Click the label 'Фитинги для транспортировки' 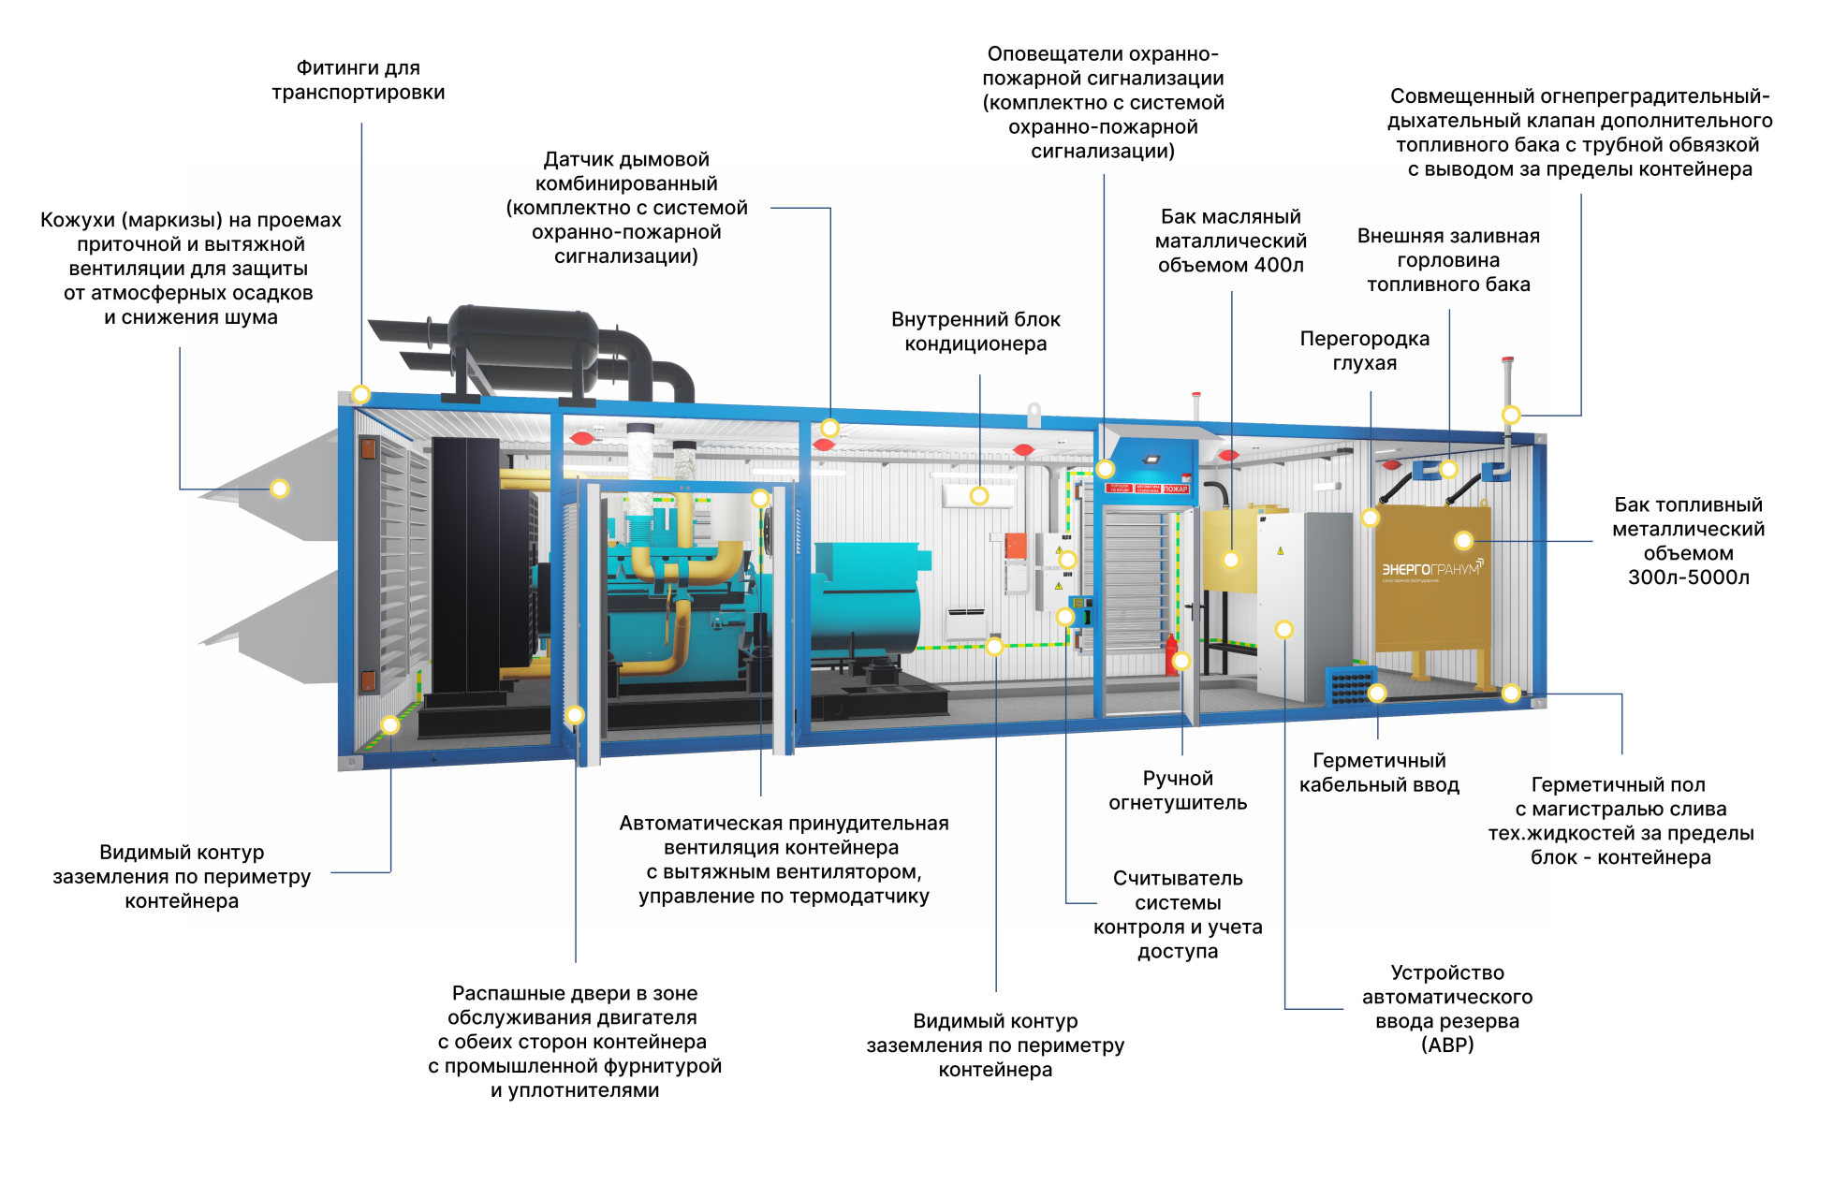[359, 80]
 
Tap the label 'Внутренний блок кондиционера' [975, 331]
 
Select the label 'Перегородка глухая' [1365, 350]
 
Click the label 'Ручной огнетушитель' [1178, 790]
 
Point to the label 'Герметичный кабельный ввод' [1379, 772]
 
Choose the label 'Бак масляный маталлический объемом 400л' [1231, 241]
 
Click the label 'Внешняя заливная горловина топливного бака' [1448, 260]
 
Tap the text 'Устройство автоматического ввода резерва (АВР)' [1447, 1008]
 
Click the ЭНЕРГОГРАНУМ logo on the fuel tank [1432, 569]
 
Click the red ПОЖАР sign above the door [1176, 489]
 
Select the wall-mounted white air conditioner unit [978, 495]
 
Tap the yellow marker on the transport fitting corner [360, 394]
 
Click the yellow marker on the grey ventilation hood [279, 489]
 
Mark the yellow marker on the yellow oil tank [1231, 560]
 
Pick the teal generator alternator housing [866, 599]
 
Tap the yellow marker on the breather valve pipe [1511, 415]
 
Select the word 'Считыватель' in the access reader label [1178, 878]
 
